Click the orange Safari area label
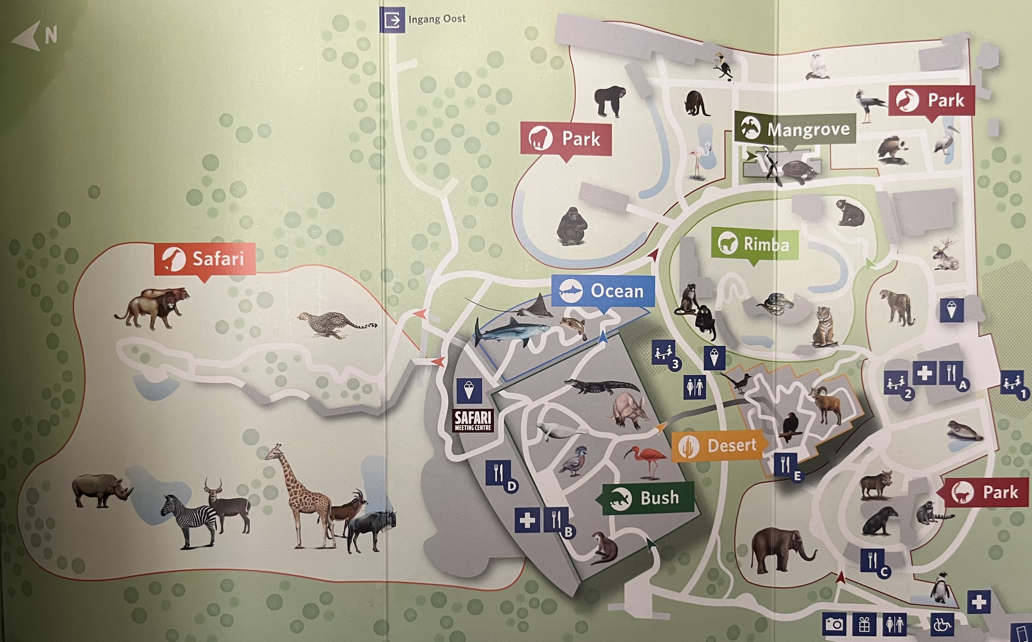click(205, 259)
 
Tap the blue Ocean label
click(603, 291)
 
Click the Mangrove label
click(795, 129)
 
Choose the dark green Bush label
click(647, 498)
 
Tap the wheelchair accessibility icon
click(943, 624)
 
